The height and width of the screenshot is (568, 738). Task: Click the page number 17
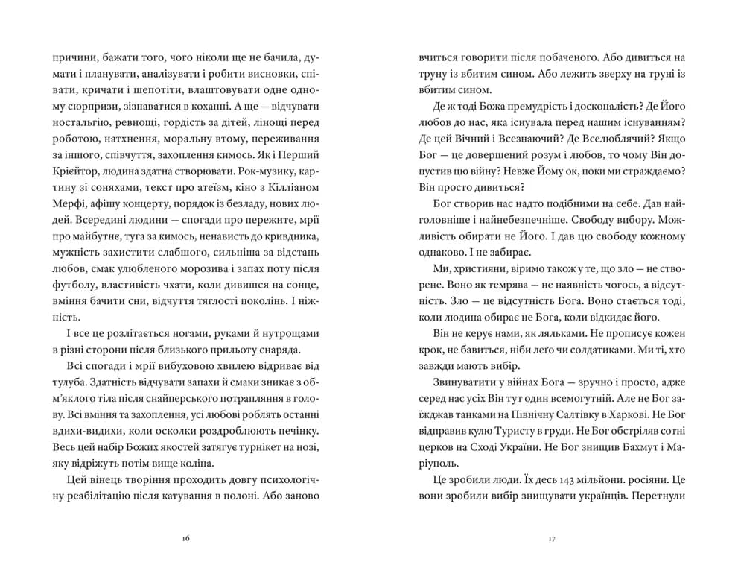[x=551, y=537]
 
